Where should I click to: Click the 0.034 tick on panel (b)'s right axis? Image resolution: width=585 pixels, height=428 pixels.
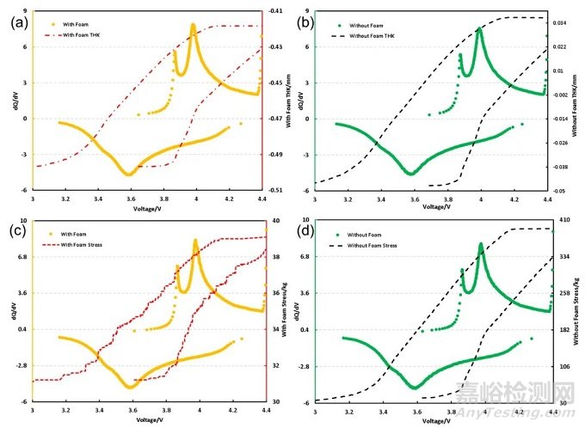coord(557,22)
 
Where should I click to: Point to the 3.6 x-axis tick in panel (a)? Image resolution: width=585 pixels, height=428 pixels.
coord(131,199)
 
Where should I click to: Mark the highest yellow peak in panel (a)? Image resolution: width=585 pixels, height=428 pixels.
coord(193,26)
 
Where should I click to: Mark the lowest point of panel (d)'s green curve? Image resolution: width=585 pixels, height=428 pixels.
coord(416,387)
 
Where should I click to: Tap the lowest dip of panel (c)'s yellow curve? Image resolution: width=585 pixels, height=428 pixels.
coord(130,387)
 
